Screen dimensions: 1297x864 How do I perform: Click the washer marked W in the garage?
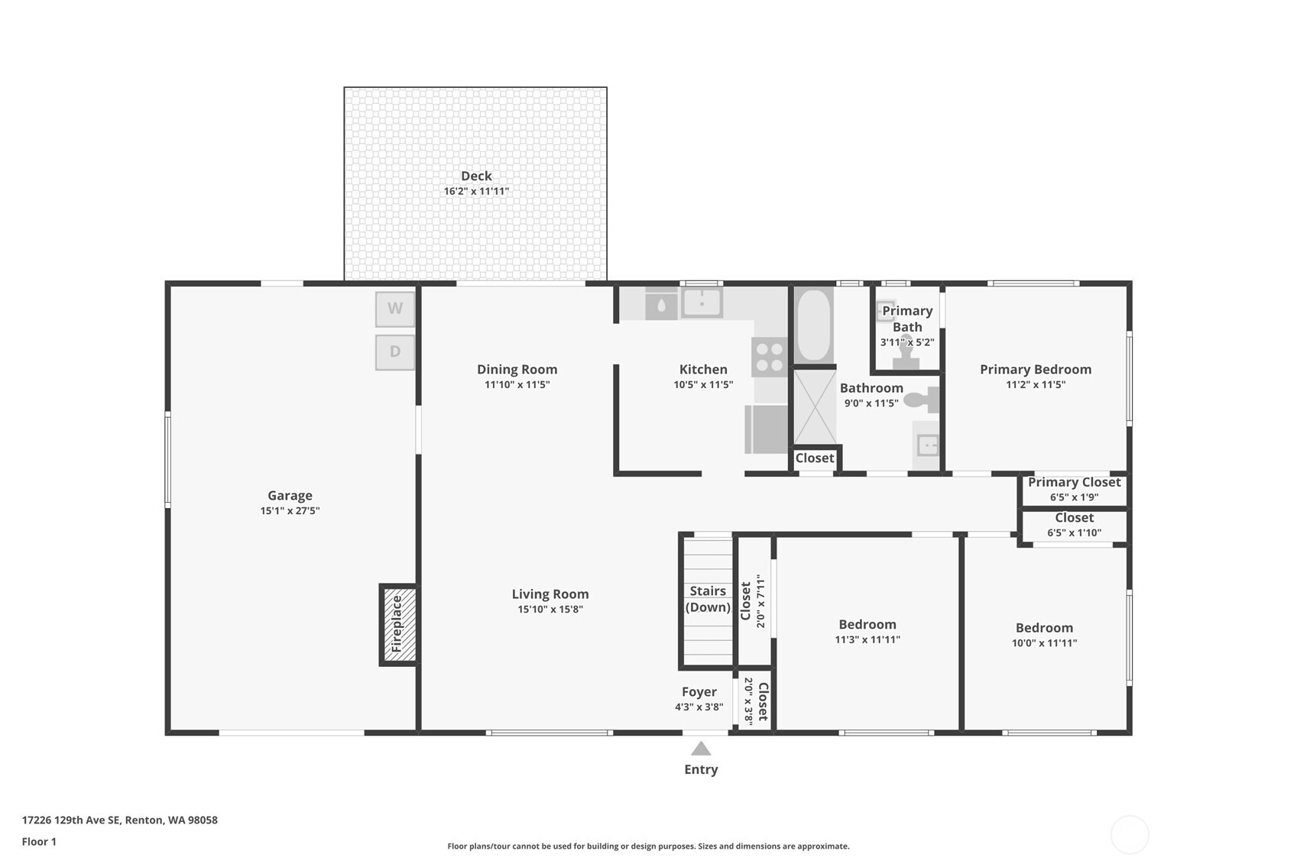pos(395,309)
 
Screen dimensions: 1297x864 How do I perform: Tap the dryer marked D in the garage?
pos(395,352)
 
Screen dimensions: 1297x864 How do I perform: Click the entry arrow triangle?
pos(701,749)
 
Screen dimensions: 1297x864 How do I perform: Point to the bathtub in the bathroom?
pos(813,325)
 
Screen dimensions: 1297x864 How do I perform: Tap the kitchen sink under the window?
pos(702,303)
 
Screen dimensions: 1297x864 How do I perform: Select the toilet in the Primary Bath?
pos(906,352)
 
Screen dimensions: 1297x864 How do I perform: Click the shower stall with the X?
pos(815,407)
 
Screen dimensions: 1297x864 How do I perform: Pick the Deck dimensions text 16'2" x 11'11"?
pos(476,191)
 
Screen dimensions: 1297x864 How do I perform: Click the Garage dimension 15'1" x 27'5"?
pos(290,510)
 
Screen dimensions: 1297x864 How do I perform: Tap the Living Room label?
pos(550,594)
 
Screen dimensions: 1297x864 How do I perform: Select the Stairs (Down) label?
pos(708,599)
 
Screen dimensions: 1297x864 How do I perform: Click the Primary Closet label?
pos(1074,482)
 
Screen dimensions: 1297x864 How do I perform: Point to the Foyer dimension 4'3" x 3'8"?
pos(699,707)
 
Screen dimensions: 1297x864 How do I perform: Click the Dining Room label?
pos(517,369)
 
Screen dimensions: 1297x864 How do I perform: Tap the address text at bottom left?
pos(120,820)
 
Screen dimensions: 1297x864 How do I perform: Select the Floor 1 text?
pos(40,842)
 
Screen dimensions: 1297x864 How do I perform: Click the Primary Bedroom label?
pos(1036,369)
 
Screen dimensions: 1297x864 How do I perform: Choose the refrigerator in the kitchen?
pos(766,429)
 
